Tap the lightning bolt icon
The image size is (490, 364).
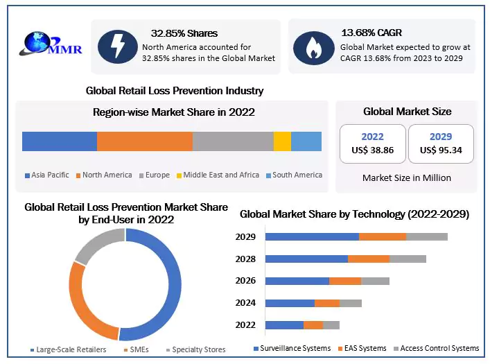click(117, 46)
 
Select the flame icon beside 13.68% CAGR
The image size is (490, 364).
click(313, 46)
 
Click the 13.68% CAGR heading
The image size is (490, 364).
click(371, 33)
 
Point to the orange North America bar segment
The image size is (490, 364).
click(144, 141)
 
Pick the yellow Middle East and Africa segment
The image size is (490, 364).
click(282, 141)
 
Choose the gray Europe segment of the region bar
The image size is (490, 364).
click(233, 141)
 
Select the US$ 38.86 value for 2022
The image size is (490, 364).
click(372, 150)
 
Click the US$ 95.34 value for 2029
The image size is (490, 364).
click(441, 150)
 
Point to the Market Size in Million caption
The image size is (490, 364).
click(406, 178)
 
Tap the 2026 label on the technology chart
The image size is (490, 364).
click(245, 281)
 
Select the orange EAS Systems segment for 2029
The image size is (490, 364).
click(382, 237)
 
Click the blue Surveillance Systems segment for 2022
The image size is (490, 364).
click(284, 325)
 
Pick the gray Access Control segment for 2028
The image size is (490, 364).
click(408, 259)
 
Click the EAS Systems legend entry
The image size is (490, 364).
click(361, 348)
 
